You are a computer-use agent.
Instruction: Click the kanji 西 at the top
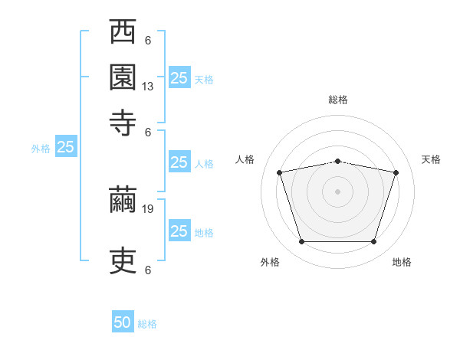123,31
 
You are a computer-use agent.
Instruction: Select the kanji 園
123,77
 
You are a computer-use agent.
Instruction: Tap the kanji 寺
123,123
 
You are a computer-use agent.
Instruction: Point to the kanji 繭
123,200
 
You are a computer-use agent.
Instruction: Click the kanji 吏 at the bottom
123,260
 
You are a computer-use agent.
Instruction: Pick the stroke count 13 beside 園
147,87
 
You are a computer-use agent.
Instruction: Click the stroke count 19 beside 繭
147,209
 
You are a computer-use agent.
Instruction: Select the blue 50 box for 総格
123,321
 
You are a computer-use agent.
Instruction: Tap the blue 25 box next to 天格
179,77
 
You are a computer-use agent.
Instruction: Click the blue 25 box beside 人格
179,162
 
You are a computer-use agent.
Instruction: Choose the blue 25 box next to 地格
179,230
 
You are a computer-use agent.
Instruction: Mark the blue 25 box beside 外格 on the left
66,146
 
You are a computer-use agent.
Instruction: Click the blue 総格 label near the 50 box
147,324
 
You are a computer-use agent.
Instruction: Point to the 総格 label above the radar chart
338,100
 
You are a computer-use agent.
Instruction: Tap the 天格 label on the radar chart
431,159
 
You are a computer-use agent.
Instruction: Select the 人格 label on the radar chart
245,159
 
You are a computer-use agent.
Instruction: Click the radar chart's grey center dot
337,191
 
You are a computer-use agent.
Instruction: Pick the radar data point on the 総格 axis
337,162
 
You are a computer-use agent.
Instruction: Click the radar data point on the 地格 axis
373,241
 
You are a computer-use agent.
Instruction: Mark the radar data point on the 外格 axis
302,241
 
